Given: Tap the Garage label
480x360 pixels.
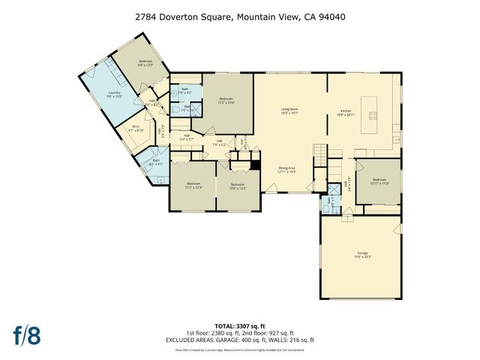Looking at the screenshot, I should tap(362, 255).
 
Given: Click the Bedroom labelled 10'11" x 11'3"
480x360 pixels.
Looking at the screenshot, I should tap(380, 181).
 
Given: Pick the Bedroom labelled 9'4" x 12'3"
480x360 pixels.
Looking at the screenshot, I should tap(145, 63).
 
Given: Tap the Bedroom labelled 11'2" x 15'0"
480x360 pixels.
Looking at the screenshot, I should tap(226, 100).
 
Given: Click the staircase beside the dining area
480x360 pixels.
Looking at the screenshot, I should tap(321, 154).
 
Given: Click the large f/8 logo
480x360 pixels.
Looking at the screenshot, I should tap(28, 334).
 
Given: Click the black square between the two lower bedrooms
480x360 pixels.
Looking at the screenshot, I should tap(255, 166).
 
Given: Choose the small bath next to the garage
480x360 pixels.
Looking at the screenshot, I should tap(328, 200).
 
